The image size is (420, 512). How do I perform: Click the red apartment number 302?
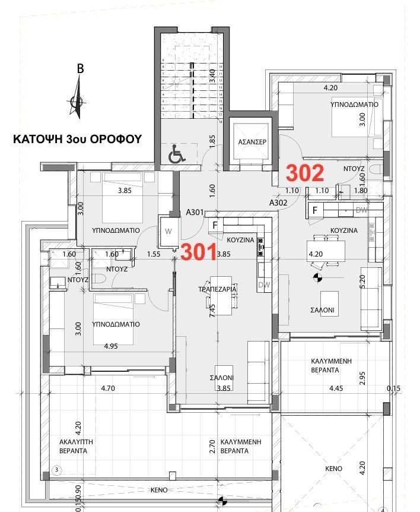[x=305, y=173]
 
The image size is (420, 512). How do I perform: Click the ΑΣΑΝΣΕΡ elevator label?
[x=251, y=143]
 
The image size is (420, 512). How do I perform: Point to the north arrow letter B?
[x=80, y=69]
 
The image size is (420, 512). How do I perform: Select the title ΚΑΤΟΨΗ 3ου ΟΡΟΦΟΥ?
[x=77, y=140]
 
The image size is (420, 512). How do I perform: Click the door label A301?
[x=196, y=211]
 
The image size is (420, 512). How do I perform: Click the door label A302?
[x=278, y=203]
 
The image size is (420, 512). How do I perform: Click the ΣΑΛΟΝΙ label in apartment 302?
[x=324, y=310]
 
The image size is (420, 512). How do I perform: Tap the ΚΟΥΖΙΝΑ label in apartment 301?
[x=241, y=239]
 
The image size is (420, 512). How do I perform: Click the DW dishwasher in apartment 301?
[x=263, y=286]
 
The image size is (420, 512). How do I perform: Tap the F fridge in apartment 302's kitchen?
[x=315, y=210]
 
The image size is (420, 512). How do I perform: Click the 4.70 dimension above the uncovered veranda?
[x=107, y=388]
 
